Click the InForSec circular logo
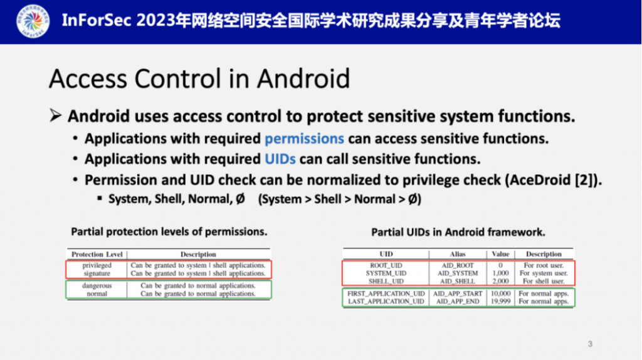pos(33,21)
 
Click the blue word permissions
pos(304,139)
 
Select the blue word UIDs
pos(280,159)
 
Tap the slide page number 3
pos(590,344)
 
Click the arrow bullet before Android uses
pos(56,115)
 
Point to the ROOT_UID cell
pos(386,265)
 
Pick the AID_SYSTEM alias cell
pos(458,273)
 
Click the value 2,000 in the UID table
pos(500,282)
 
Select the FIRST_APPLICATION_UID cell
pos(386,294)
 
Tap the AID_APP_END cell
pos(458,302)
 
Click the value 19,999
pos(500,302)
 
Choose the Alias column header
pos(458,254)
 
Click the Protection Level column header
pos(97,255)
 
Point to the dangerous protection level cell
pos(97,285)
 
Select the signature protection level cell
pos(97,273)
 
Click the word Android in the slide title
pos(303,78)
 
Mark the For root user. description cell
pos(544,265)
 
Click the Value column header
pos(500,254)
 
